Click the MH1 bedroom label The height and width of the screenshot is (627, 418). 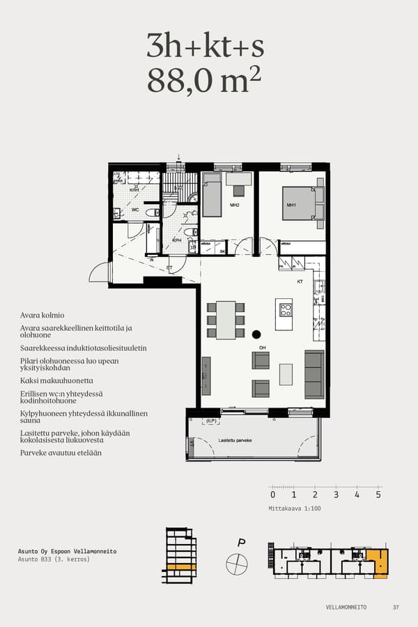point(291,205)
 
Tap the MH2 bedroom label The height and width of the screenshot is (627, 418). point(235,205)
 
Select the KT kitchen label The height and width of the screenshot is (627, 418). point(300,282)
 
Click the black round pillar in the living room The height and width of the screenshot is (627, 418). point(256,334)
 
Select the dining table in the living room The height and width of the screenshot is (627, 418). point(226,320)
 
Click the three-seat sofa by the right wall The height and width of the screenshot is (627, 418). point(314,374)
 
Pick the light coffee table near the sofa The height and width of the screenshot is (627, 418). point(286,374)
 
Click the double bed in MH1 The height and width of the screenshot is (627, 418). point(302,203)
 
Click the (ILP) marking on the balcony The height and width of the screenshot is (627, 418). point(211,421)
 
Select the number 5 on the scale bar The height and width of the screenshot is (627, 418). point(378,495)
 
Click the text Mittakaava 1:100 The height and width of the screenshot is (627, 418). point(295,509)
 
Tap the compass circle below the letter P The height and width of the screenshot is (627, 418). point(237,564)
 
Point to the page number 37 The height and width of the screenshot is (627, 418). point(396,607)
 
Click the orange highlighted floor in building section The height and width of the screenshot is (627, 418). point(181,566)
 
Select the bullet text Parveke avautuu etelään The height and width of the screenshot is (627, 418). point(61,453)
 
